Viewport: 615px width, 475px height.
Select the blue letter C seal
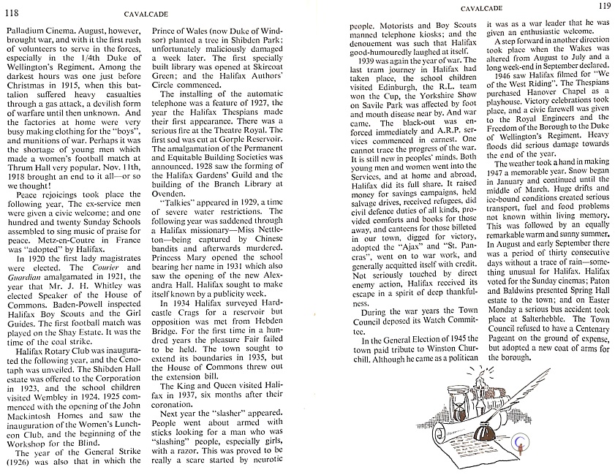click(x=520, y=441)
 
